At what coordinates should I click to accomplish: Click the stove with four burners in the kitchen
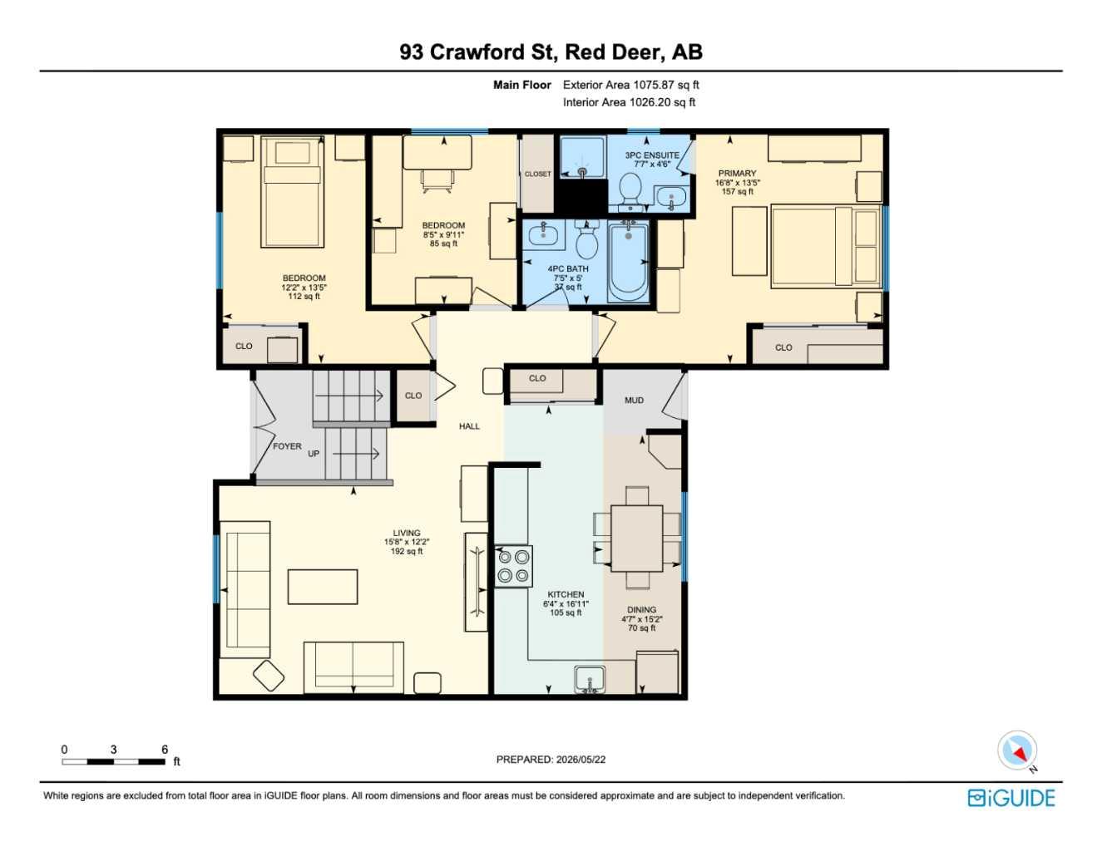513,566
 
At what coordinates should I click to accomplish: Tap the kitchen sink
590,679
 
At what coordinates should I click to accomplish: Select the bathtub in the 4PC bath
628,262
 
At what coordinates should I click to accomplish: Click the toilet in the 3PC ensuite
631,191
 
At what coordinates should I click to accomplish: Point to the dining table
637,538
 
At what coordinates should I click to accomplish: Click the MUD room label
634,401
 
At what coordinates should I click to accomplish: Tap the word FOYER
287,446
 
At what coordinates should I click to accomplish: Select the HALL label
469,426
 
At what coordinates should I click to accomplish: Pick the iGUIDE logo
1011,798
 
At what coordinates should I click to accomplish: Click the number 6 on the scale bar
165,749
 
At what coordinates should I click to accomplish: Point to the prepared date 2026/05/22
581,760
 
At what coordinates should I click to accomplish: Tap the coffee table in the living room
323,587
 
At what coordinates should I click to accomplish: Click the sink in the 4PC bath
543,235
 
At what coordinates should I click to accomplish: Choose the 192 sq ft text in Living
407,551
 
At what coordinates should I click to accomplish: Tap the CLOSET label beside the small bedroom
537,174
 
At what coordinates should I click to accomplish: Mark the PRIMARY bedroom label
738,173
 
